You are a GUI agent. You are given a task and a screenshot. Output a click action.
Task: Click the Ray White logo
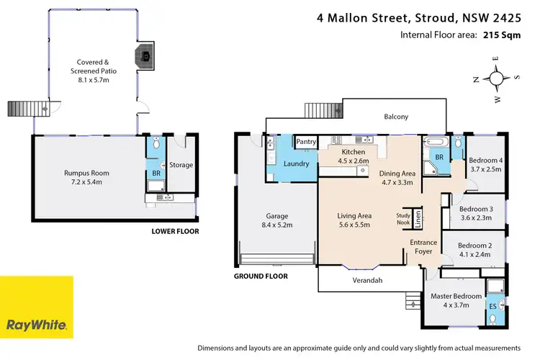(37, 307)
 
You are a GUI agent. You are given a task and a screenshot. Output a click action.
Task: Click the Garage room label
(277, 220)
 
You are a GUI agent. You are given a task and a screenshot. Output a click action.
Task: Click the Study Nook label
(404, 218)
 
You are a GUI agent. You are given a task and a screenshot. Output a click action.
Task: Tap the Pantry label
(306, 142)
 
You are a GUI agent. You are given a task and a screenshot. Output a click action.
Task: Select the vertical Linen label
(418, 217)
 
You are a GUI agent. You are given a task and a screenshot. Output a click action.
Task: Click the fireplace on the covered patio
(146, 55)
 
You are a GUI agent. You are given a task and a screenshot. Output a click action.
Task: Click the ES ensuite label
(493, 305)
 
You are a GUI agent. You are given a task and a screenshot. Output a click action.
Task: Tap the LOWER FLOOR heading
(175, 231)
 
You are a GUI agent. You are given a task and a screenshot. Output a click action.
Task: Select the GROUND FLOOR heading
(261, 276)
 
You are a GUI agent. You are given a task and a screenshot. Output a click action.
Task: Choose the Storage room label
(181, 165)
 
